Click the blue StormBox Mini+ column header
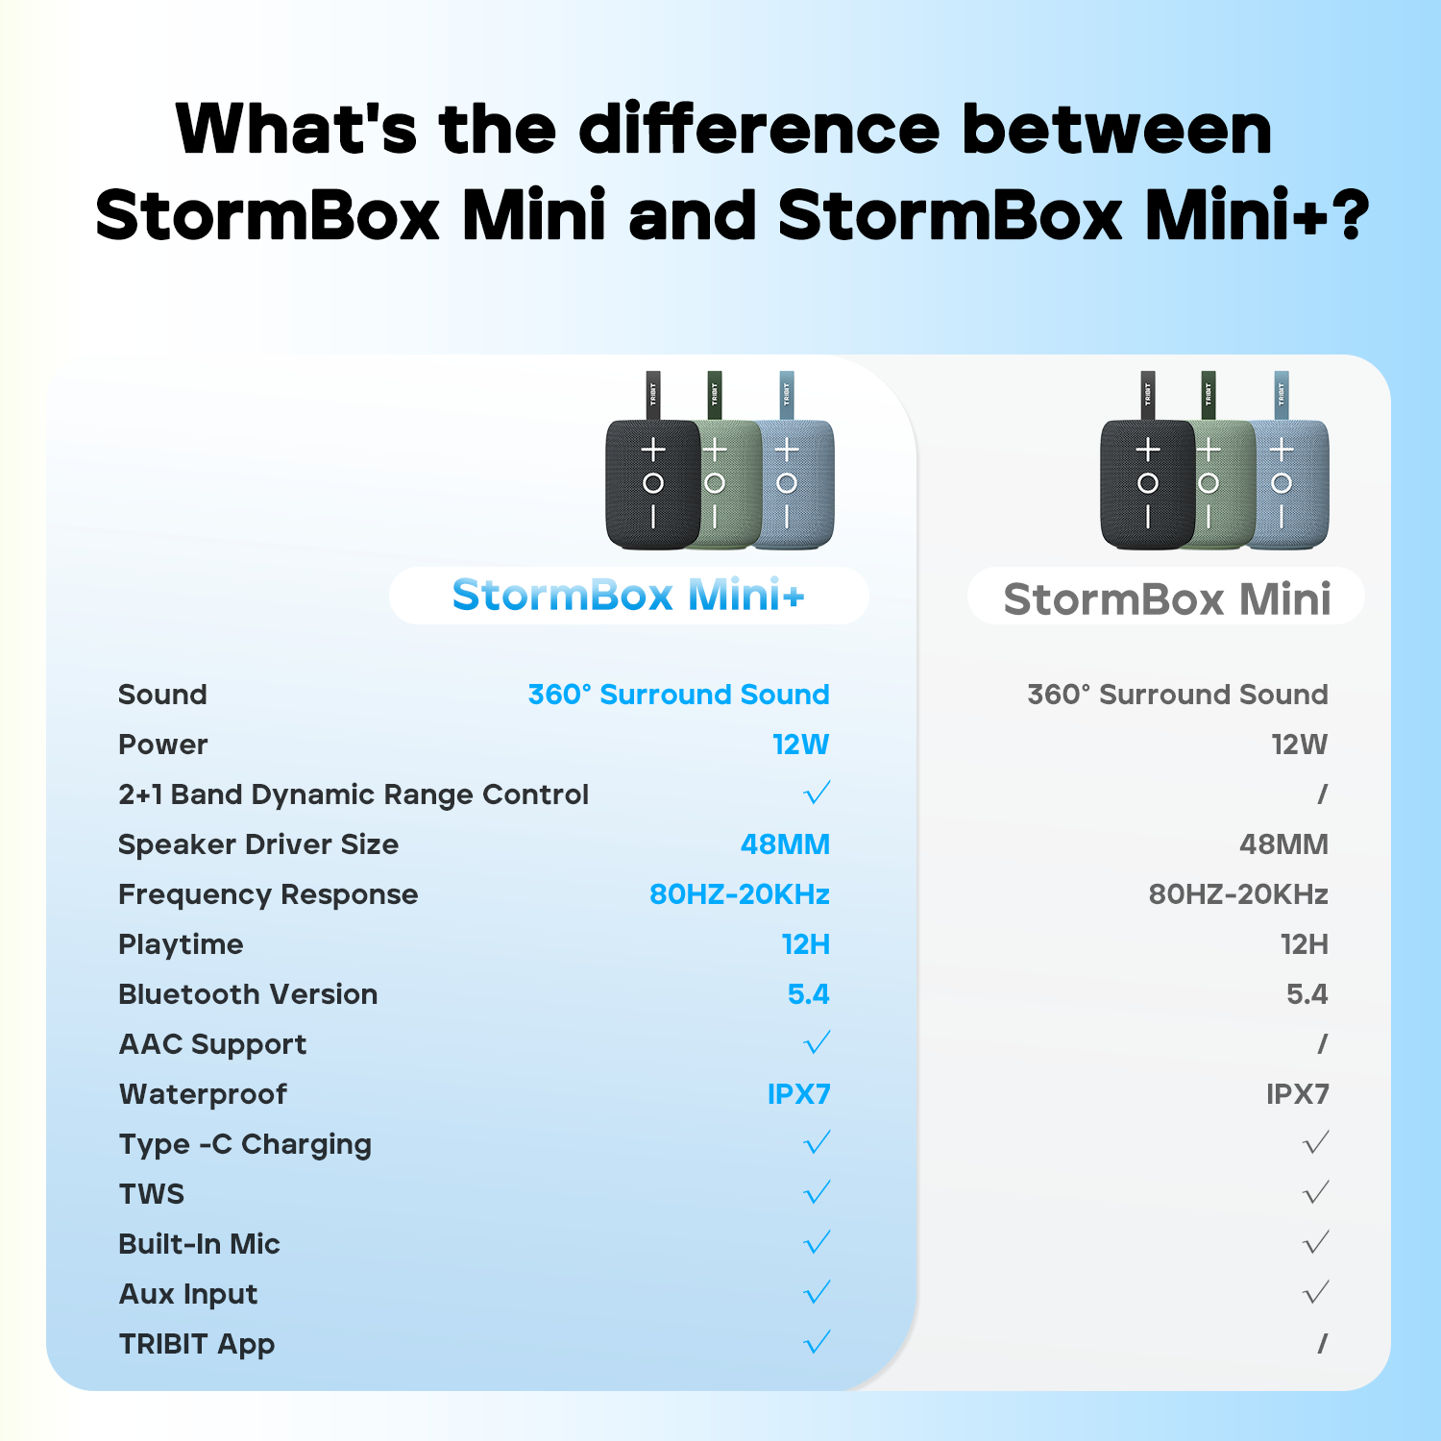628,596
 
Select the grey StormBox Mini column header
1166,598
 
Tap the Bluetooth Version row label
248,994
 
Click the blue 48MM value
785,844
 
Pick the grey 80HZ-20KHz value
1238,894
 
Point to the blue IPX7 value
798,1094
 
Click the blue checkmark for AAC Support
817,1043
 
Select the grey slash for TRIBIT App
1322,1343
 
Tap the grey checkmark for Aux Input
1315,1293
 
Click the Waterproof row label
203,1094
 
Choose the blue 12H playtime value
805,944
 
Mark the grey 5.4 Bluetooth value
1307,994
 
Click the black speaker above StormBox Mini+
651,483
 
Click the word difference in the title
759,130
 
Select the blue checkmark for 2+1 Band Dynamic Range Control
817,794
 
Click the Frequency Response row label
268,894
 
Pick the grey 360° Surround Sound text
1178,695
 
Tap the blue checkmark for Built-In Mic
817,1243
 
